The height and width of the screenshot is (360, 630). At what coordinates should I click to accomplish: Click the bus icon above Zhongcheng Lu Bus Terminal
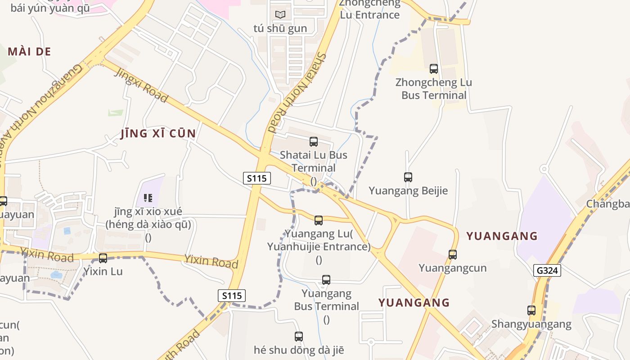tap(434, 69)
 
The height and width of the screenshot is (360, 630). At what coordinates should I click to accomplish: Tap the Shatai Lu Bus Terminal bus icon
tap(314, 142)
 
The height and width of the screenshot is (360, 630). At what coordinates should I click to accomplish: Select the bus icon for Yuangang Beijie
tap(408, 177)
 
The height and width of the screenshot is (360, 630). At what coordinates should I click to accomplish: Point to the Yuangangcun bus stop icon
tap(453, 255)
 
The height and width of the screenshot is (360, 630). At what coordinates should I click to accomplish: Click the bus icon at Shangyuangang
tap(531, 310)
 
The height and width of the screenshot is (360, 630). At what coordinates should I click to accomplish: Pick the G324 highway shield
tap(548, 270)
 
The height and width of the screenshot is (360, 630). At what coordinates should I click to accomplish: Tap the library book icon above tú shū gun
tap(280, 15)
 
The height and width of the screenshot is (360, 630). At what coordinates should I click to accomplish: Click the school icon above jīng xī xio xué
tap(148, 198)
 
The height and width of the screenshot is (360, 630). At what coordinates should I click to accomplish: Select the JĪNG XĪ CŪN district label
tap(158, 134)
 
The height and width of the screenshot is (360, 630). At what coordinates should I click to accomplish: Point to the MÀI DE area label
tap(29, 52)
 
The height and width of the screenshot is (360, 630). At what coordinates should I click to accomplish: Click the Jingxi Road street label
tap(141, 85)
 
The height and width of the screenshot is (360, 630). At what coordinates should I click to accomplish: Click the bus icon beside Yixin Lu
tap(103, 258)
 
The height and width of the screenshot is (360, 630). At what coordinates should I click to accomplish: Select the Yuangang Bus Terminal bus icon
tap(326, 280)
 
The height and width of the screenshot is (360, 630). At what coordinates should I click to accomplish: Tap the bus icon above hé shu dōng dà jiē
tap(299, 336)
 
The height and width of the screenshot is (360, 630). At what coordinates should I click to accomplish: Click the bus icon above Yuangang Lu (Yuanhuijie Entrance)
tap(319, 220)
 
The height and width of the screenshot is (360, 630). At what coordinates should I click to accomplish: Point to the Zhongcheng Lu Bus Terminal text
tap(434, 89)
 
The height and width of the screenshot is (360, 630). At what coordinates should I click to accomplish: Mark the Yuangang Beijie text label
tap(408, 191)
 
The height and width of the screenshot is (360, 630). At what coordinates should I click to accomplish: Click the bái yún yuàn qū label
tap(50, 8)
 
